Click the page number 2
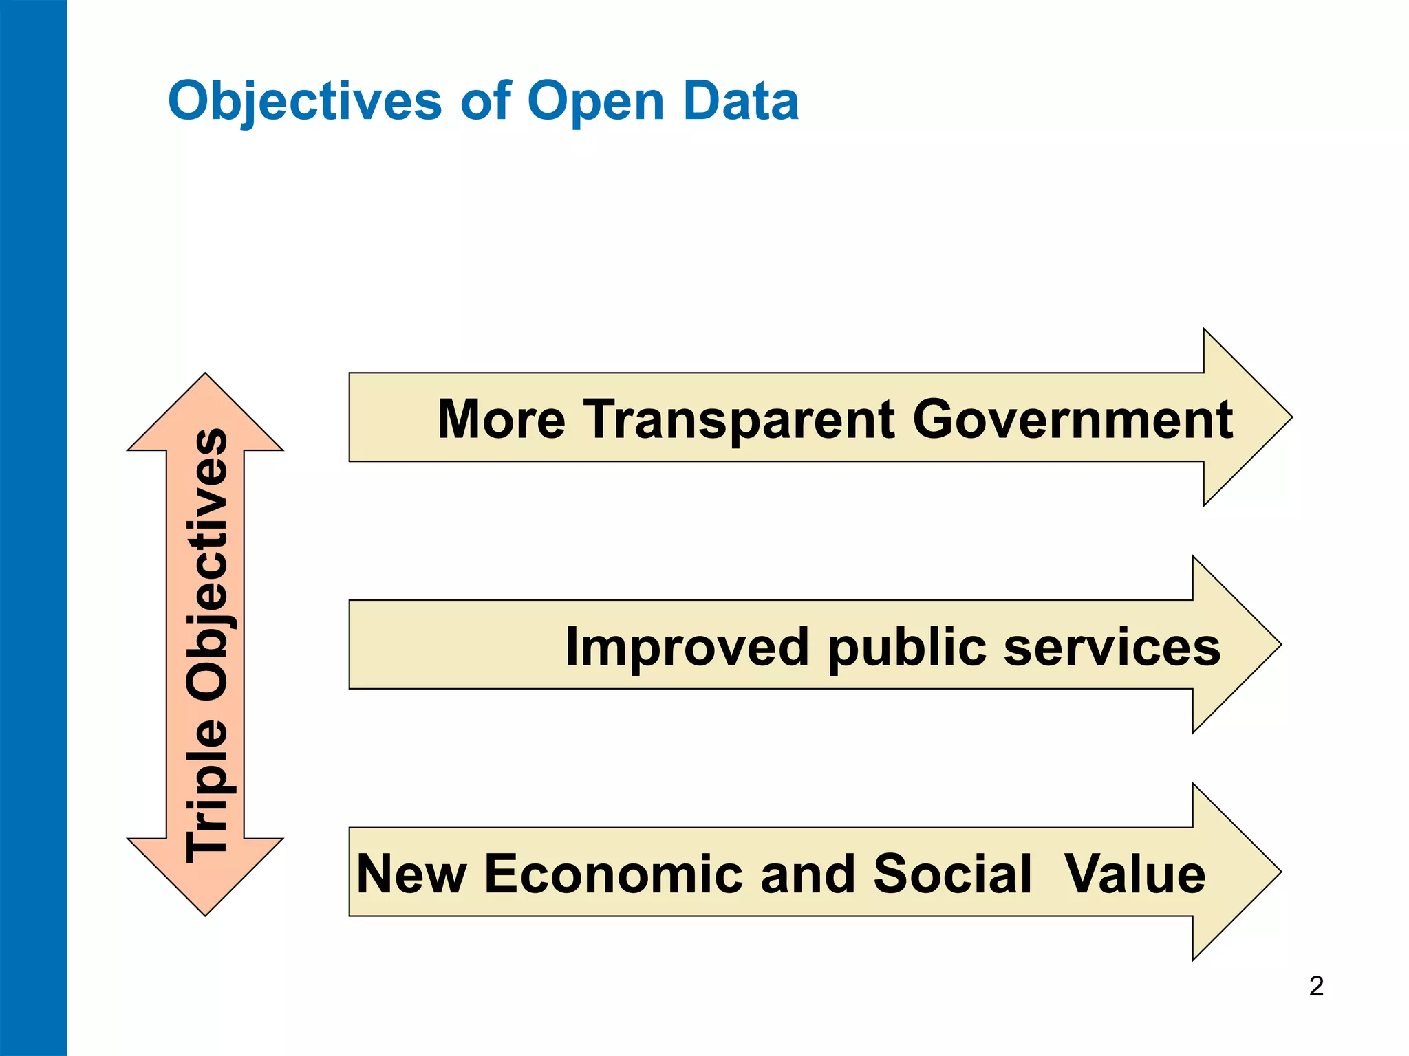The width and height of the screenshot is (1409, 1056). pyautogui.click(x=1316, y=987)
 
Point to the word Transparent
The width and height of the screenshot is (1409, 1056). pyautogui.click(x=740, y=419)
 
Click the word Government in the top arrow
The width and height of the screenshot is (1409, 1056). pyautogui.click(x=1073, y=419)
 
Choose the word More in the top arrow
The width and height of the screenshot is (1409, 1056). pyautogui.click(x=502, y=419)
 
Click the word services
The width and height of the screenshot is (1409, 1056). pyautogui.click(x=1112, y=647)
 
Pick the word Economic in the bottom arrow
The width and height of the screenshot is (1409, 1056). pyautogui.click(x=614, y=874)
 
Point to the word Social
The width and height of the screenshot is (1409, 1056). pyautogui.click(x=952, y=874)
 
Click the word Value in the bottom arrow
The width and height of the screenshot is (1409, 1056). pyautogui.click(x=1134, y=874)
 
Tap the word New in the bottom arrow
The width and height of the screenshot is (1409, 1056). pyautogui.click(x=411, y=874)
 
